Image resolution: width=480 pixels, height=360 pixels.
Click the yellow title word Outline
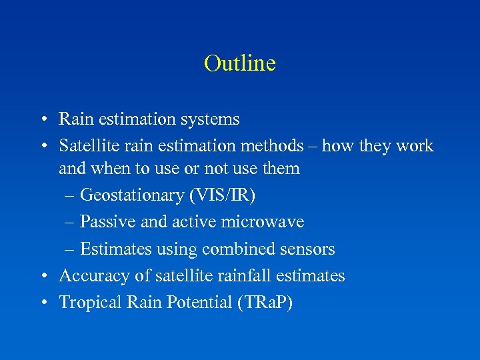tap(240, 63)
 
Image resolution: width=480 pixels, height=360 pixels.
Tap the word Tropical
tap(87, 302)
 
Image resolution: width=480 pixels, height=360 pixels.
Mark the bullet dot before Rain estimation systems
tap(42, 120)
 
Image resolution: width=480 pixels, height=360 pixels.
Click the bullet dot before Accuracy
tap(42, 276)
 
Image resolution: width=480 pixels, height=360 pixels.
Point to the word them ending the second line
tap(281, 169)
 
